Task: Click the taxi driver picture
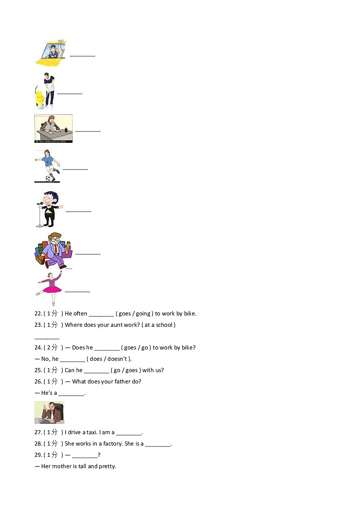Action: tap(51, 53)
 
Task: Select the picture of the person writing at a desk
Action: tap(53, 128)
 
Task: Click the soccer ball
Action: tap(47, 179)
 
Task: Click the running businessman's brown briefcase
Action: tap(40, 259)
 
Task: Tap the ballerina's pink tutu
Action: tap(52, 289)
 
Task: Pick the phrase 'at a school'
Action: tap(158, 325)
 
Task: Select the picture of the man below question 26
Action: tap(49, 412)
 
